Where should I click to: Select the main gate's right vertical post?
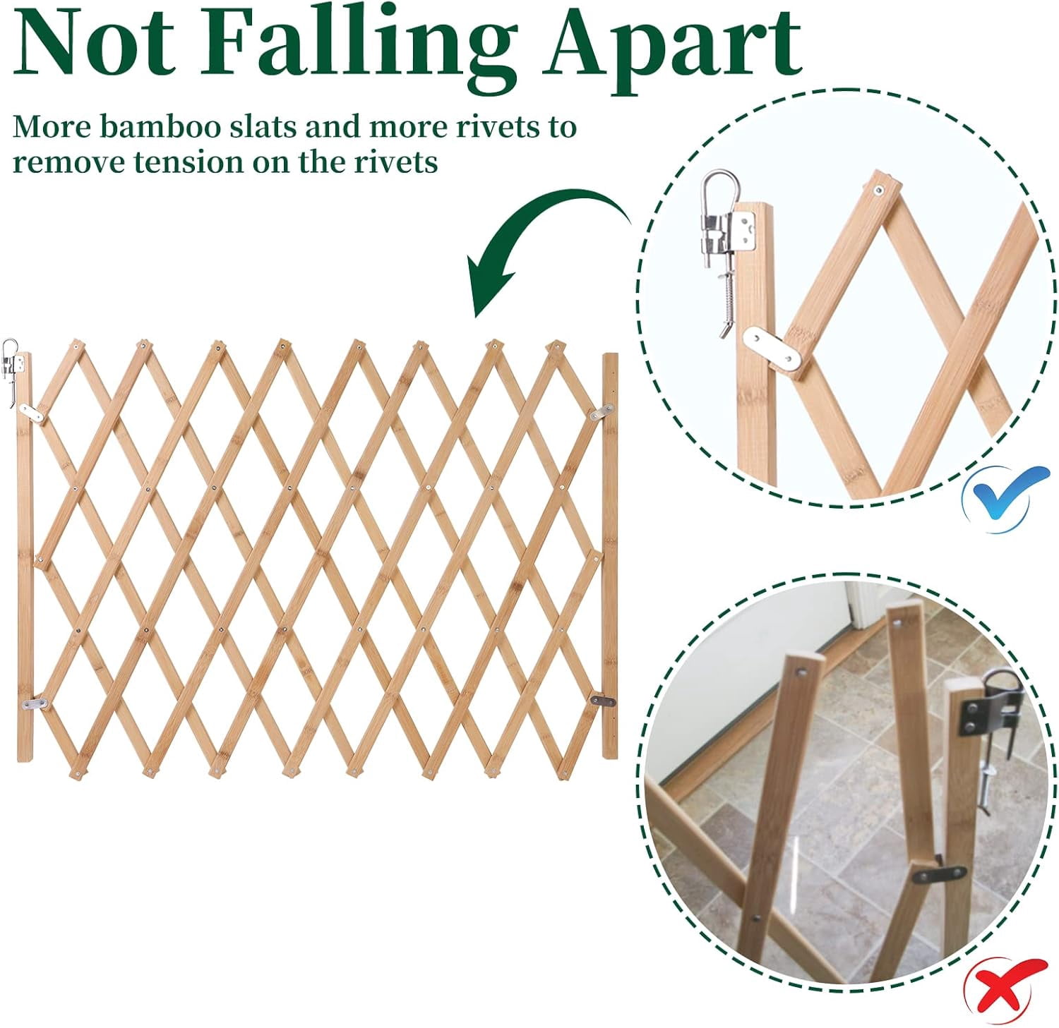click(x=610, y=556)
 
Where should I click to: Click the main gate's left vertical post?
click(x=25, y=556)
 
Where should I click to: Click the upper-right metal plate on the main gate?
click(x=600, y=413)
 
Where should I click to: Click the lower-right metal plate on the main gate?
click(x=602, y=701)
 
